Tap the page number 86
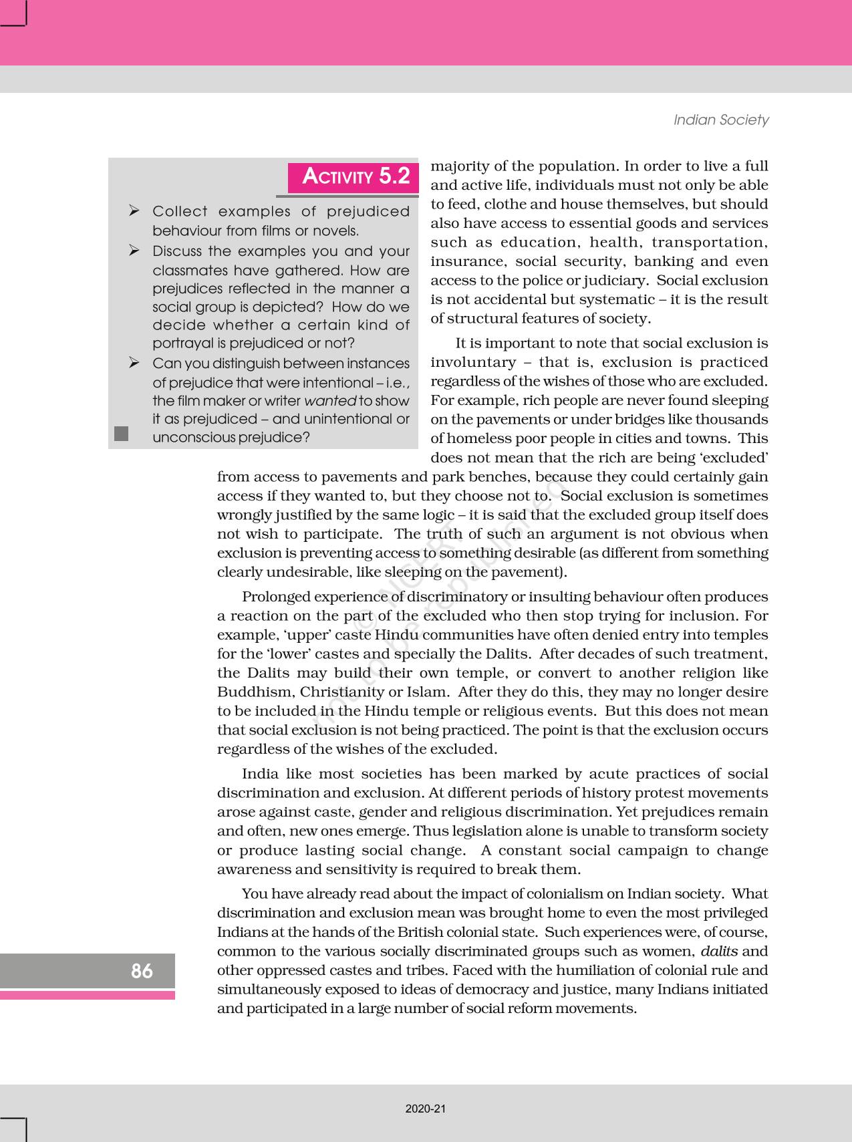tap(142, 971)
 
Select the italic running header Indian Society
tap(721, 120)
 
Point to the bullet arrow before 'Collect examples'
tap(134, 212)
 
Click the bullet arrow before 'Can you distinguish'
tap(134, 364)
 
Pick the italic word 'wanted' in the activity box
tap(330, 401)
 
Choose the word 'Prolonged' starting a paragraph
tap(275, 597)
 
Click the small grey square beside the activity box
tap(121, 434)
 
